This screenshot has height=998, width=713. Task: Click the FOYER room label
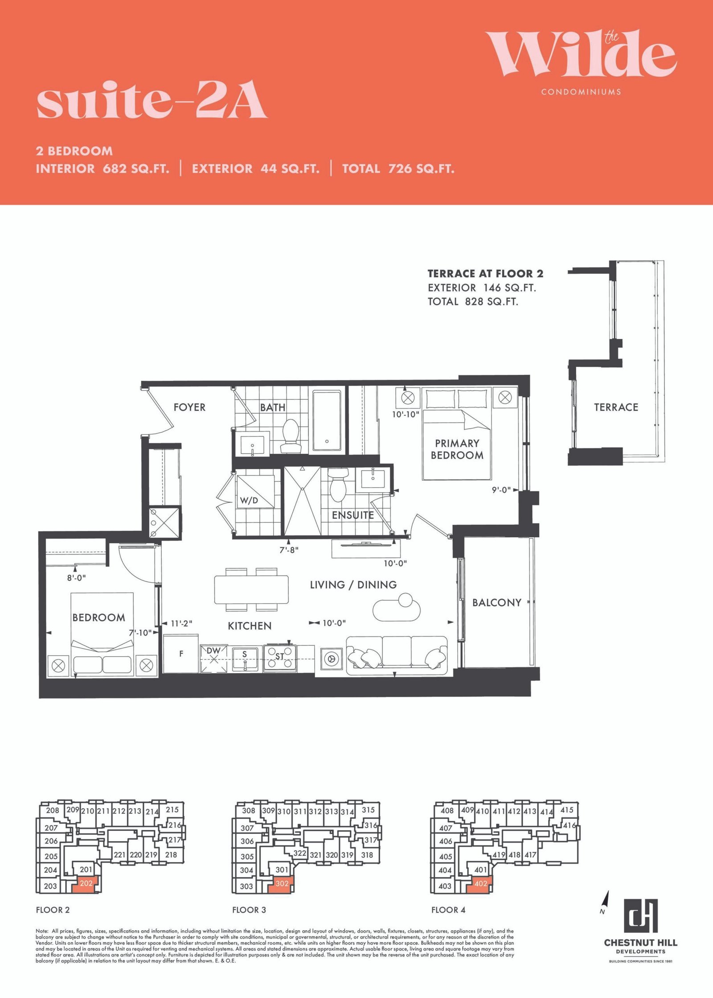click(189, 407)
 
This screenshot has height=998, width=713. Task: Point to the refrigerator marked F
click(181, 654)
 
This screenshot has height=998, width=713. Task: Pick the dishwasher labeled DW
click(214, 658)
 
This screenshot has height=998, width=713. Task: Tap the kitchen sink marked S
click(245, 658)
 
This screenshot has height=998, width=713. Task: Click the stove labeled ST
click(280, 658)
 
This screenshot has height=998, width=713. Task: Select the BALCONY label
click(497, 603)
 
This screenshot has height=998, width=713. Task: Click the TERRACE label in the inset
click(616, 407)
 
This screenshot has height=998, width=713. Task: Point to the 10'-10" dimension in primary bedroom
click(406, 414)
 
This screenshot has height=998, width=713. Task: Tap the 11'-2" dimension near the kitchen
click(181, 623)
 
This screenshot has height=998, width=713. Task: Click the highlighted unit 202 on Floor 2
click(86, 883)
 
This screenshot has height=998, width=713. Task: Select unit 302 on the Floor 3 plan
click(282, 883)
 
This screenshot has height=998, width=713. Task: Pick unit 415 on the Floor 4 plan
click(567, 810)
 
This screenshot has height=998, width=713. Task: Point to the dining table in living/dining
click(251, 590)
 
